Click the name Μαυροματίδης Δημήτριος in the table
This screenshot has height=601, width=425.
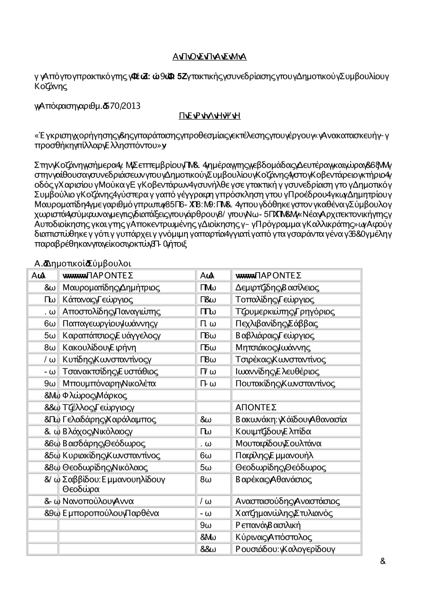[x=111, y=288]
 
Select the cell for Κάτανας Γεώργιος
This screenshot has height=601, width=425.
[x=97, y=299]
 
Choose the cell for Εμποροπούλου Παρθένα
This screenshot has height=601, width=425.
[x=110, y=513]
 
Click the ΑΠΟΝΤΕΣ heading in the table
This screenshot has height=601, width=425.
[x=256, y=408]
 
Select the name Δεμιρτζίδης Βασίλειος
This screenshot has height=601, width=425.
[x=277, y=288]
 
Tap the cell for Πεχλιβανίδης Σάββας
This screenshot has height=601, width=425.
[x=276, y=324]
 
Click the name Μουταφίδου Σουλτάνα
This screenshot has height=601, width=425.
[x=278, y=443]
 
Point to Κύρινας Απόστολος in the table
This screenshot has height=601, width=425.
[x=273, y=537]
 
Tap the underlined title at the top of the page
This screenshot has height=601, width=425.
[x=210, y=57]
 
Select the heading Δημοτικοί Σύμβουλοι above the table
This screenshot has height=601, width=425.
[x=83, y=263]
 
